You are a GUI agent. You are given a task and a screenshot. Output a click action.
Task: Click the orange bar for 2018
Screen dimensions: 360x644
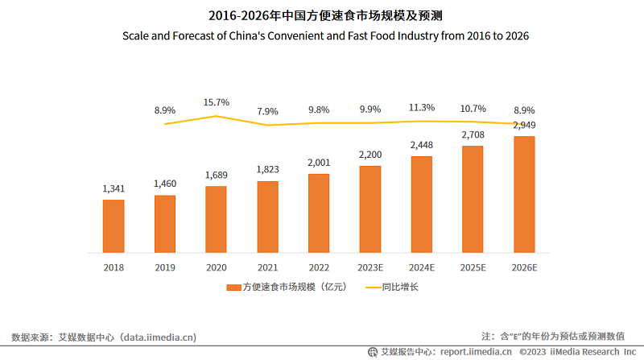click(113, 226)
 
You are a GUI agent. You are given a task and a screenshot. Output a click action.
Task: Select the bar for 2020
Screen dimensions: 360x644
click(216, 219)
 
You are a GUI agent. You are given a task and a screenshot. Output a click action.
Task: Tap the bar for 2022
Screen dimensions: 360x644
click(319, 213)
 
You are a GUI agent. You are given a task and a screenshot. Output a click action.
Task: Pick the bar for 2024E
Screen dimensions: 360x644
click(422, 204)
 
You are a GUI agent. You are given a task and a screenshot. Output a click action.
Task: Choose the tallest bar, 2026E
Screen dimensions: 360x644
click(524, 194)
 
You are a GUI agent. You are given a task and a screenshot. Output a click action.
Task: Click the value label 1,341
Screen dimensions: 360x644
click(114, 188)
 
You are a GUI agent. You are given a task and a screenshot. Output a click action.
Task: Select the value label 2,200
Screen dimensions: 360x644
click(370, 154)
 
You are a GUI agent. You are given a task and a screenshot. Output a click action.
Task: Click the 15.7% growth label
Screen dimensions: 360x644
click(216, 102)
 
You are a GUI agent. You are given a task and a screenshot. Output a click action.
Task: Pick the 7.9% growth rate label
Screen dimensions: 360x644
click(267, 110)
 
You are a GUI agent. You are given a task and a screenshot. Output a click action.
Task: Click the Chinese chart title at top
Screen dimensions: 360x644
click(321, 15)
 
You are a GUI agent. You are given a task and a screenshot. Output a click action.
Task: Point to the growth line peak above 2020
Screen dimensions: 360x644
click(216, 116)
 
